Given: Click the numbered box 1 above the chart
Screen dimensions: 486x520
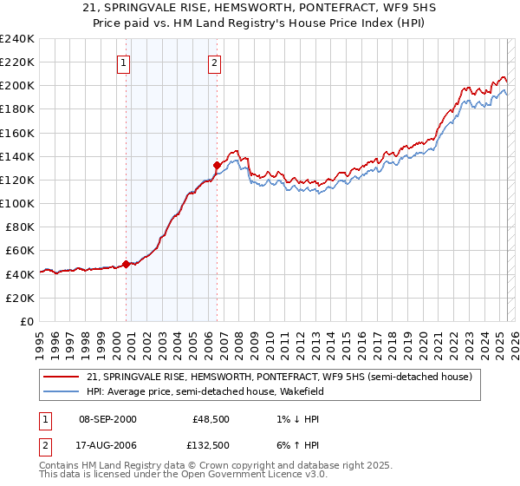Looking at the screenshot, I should (x=124, y=62).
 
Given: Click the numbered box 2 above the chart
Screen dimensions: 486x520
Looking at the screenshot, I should (x=214, y=62).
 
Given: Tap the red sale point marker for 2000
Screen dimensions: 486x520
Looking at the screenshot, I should (x=126, y=264).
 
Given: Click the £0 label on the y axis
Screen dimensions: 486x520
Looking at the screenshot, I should (x=28, y=321).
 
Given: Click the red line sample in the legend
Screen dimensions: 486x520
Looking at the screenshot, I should (x=60, y=377).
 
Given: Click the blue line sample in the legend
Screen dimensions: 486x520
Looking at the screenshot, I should (x=60, y=391).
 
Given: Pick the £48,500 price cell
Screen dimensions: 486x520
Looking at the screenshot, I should (x=211, y=418).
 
